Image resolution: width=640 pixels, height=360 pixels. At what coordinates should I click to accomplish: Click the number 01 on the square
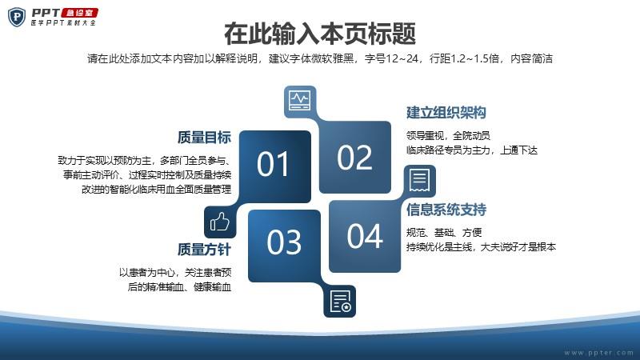tap(273, 164)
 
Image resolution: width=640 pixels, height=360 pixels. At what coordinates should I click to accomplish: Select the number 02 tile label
tap(354, 158)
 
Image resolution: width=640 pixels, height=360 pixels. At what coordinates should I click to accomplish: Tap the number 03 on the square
tap(284, 242)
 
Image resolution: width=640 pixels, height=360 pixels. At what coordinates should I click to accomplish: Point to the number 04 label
tap(365, 236)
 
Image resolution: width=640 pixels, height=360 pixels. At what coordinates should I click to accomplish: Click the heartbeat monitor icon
tap(300, 102)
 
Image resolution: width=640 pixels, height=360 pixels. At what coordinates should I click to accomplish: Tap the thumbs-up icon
tap(220, 222)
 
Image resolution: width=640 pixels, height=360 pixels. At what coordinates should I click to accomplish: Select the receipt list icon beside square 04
tap(419, 181)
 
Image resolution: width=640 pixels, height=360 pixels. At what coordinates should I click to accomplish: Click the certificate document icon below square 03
tap(339, 302)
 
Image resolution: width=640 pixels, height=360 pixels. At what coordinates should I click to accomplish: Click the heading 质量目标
tap(204, 138)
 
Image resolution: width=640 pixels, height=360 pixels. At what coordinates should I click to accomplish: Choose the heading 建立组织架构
tap(446, 113)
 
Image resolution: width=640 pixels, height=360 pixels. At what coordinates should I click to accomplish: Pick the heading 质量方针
tap(204, 250)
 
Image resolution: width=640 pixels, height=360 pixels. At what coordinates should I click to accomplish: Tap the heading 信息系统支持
tap(446, 210)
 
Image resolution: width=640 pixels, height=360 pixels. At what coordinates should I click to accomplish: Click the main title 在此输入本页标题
tap(320, 34)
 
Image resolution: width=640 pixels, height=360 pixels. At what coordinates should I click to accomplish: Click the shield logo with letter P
tap(17, 17)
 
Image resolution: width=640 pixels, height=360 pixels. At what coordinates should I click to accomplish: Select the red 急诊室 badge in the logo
tap(80, 13)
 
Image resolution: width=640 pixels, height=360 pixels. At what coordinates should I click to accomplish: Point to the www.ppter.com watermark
tap(598, 353)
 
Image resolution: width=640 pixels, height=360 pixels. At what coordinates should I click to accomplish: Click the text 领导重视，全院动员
tap(448, 135)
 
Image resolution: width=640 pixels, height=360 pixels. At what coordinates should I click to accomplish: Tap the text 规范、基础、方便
tap(444, 233)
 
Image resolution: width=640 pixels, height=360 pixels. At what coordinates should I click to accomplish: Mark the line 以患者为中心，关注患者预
tap(175, 272)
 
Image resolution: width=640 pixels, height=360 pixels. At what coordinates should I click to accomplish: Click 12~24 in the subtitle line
tap(402, 58)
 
